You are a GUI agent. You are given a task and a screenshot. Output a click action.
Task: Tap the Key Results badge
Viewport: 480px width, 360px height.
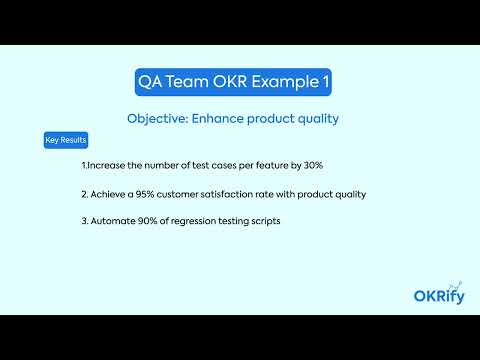pos(65,140)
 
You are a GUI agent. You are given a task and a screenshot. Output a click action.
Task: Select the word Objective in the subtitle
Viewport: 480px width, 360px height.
pos(159,118)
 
